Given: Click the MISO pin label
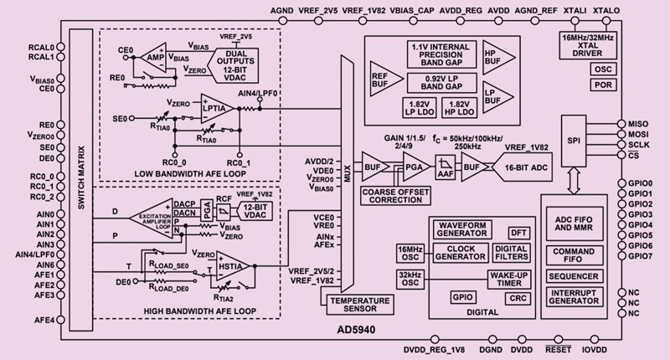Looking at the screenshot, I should (638, 123).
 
